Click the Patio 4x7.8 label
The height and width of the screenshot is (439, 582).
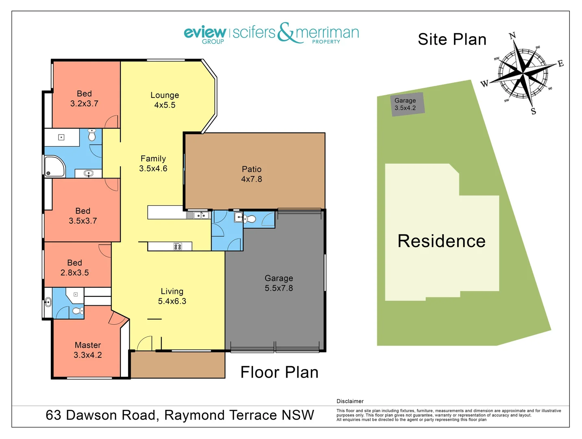251,174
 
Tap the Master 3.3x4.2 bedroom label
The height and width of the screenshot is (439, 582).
87,350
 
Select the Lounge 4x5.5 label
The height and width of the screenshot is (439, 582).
165,100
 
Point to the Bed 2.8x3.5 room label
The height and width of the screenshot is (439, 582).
75,268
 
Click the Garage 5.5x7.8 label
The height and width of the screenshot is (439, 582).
279,283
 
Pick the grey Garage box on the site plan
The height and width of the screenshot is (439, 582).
408,104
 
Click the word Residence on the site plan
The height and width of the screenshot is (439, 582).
441,241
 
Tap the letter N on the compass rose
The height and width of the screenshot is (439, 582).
512,36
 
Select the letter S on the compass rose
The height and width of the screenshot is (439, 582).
533,111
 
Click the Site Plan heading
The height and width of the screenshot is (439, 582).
452,39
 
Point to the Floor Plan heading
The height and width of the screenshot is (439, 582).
279,372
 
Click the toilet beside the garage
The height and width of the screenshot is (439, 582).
251,219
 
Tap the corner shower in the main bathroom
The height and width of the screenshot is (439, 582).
54,167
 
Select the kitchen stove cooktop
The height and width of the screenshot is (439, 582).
178,246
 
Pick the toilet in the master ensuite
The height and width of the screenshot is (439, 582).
77,311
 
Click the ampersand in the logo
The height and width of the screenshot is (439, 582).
286,32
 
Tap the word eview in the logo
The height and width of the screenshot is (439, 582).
205,32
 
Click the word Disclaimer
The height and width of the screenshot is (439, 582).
350,401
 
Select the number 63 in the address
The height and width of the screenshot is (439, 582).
53,415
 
